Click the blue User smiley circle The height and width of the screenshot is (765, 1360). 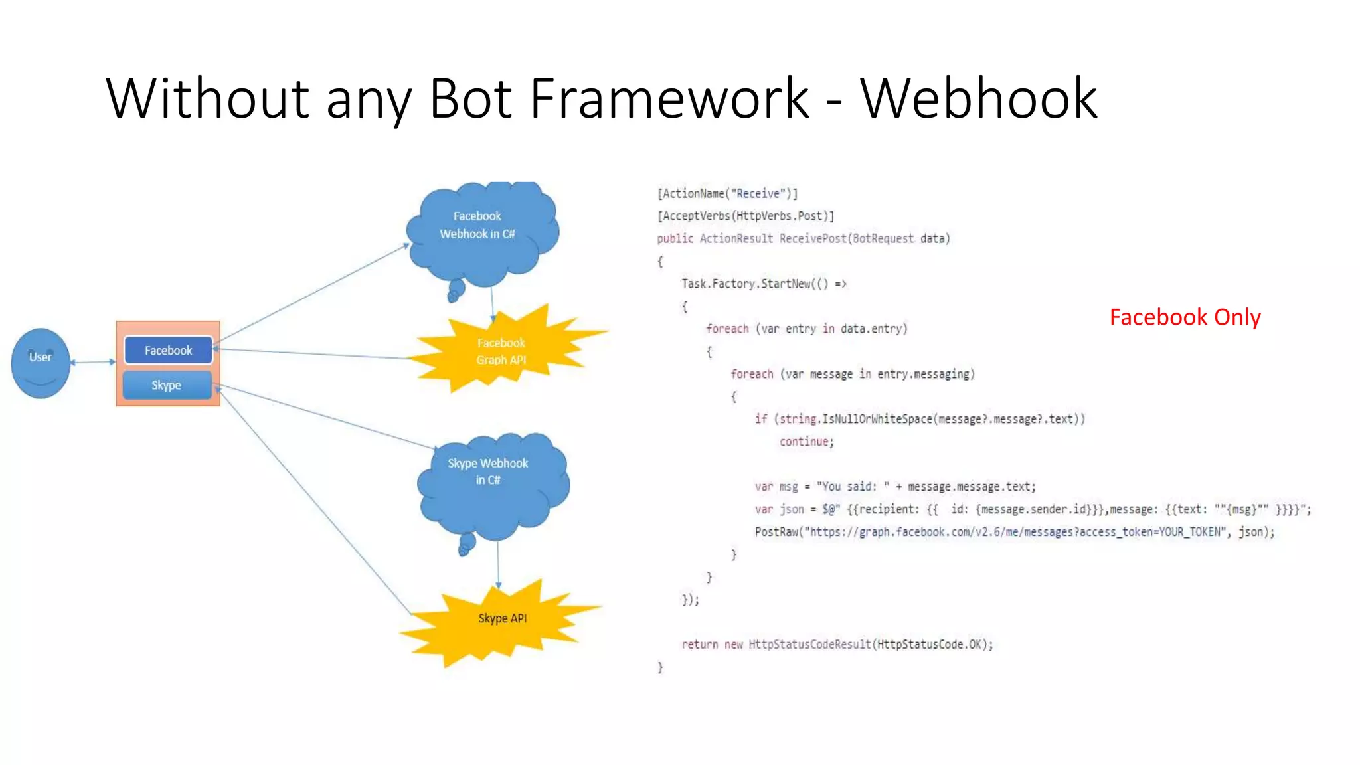click(41, 363)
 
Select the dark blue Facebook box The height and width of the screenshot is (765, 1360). click(168, 350)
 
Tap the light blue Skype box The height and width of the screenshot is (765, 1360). click(167, 385)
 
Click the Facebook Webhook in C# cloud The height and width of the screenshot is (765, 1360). click(481, 229)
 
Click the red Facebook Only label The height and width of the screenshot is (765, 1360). click(1185, 317)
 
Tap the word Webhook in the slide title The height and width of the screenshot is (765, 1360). click(979, 98)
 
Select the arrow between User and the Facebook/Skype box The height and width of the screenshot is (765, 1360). click(93, 362)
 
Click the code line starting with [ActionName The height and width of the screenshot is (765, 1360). click(727, 193)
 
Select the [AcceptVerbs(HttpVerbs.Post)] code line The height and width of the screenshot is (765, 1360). click(745, 216)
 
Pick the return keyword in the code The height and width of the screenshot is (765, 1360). click(699, 645)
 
